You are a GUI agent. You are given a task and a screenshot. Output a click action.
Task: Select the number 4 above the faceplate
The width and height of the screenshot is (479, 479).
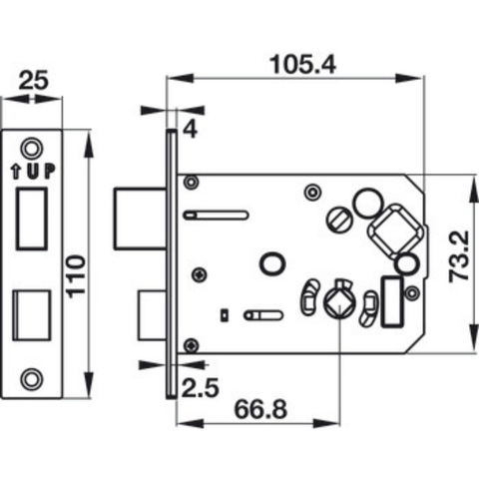point(190,129)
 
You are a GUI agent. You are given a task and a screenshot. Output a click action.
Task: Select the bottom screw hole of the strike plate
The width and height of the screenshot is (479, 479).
point(37,377)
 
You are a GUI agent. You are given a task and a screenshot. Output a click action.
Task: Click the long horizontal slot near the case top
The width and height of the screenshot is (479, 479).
point(216,213)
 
